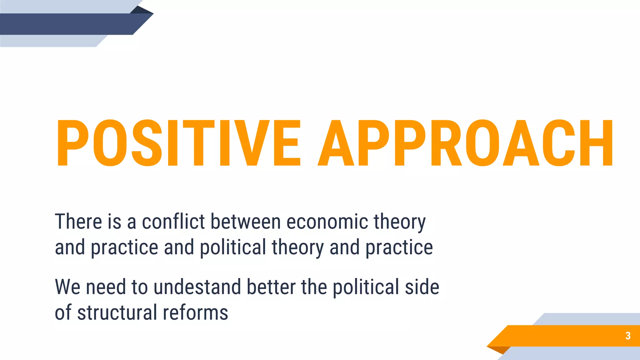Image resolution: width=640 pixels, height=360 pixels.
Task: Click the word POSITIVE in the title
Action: pos(178,143)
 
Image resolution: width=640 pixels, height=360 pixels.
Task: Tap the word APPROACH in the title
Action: pos(466,143)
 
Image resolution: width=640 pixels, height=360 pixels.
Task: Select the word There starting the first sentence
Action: pos(78,222)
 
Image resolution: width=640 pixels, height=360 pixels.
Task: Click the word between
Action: pos(246,222)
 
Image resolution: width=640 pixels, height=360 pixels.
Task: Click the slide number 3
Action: pos(628,336)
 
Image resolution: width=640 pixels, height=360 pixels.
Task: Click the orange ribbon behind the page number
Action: pos(562,336)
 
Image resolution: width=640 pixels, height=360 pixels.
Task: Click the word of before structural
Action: pos(63,312)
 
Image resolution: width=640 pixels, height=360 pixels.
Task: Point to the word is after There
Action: pos(114,222)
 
